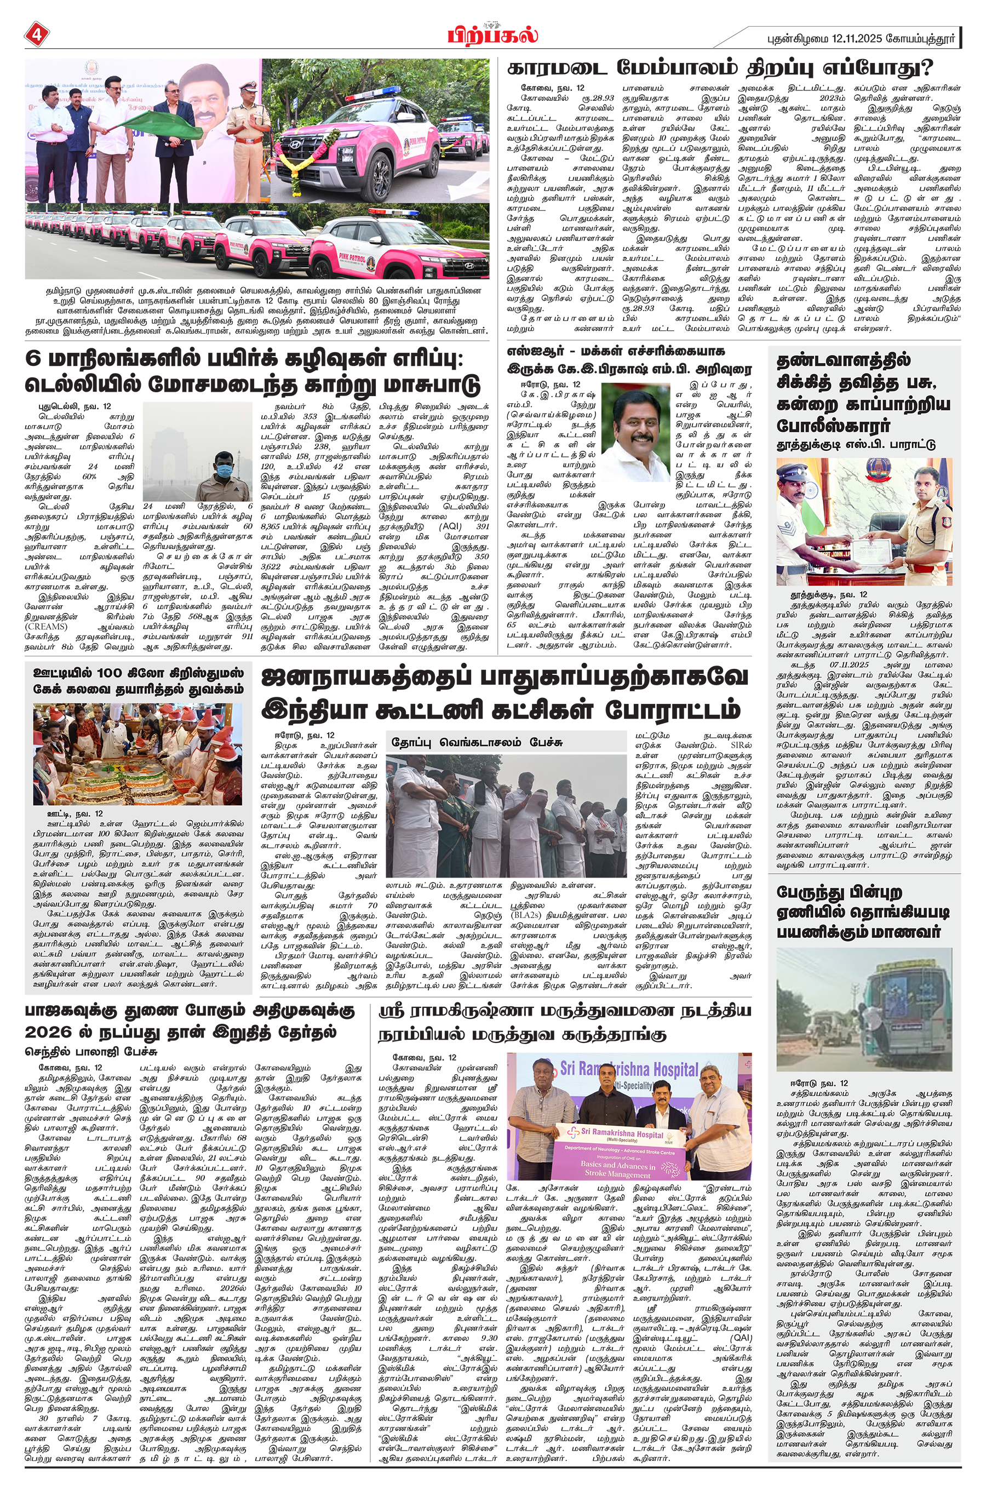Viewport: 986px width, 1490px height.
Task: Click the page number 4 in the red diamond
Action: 36,35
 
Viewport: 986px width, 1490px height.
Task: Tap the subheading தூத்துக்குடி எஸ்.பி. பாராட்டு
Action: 856,444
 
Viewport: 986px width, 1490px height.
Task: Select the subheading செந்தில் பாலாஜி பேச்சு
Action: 90,1051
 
